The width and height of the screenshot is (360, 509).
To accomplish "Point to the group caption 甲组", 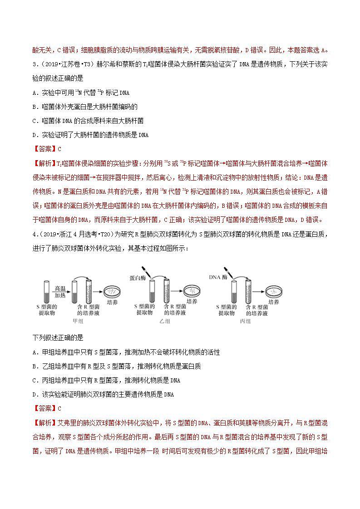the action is pos(78,321).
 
